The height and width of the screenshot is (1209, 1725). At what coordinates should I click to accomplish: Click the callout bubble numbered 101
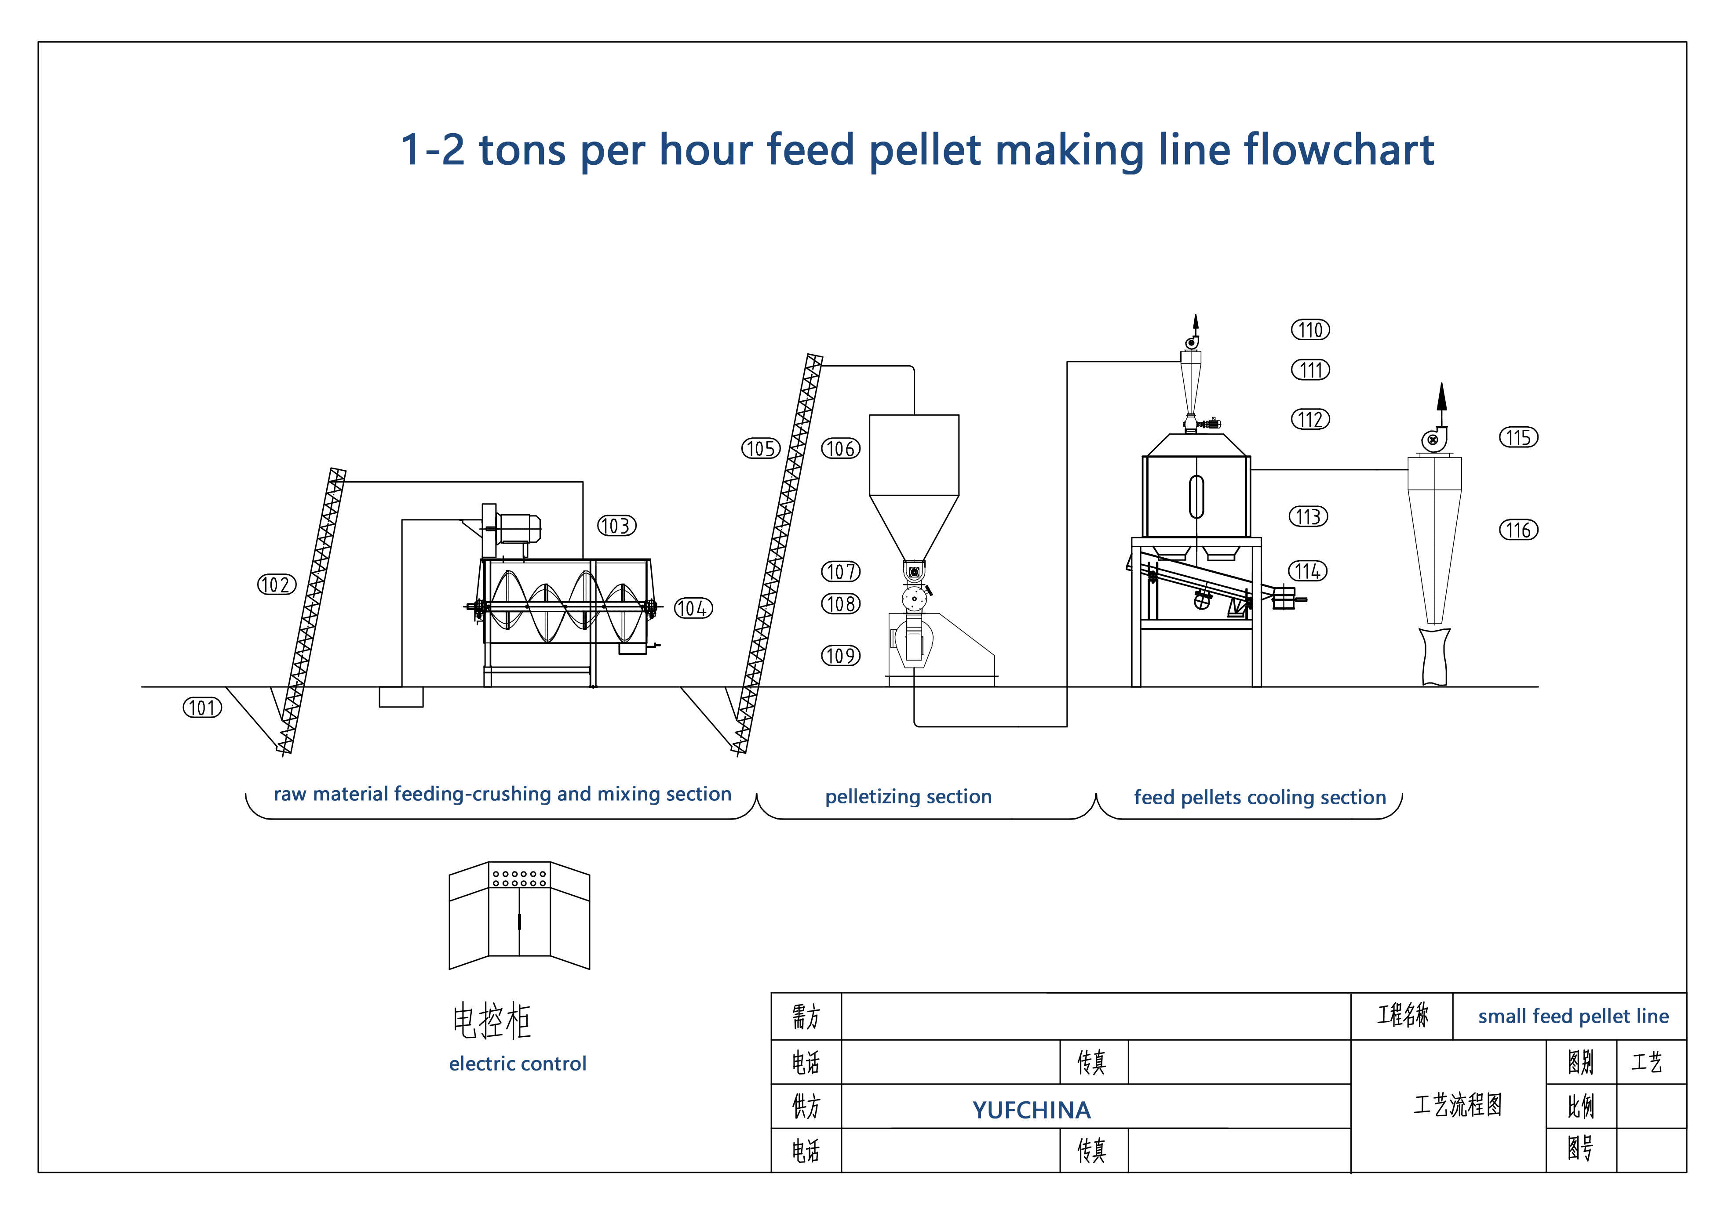202,708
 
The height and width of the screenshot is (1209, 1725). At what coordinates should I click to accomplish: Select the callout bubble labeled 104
693,608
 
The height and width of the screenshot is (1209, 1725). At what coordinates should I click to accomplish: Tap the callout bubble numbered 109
840,656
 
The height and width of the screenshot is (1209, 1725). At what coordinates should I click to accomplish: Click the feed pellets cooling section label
1259,798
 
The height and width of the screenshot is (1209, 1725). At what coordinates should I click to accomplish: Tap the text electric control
517,1064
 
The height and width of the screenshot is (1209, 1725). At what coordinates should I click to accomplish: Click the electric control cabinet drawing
519,916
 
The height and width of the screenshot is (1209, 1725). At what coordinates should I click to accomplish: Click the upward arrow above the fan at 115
1441,398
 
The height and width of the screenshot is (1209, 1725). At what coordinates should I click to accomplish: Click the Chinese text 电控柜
491,1021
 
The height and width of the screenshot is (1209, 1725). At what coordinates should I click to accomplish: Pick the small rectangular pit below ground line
401,697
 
